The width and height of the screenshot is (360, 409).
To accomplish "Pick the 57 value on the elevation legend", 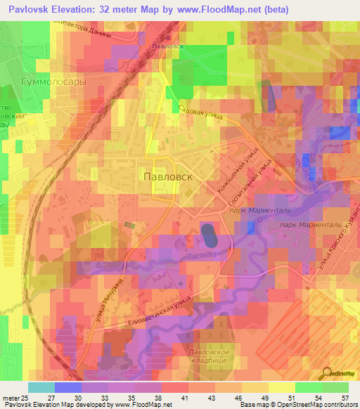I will tap(345, 398).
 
